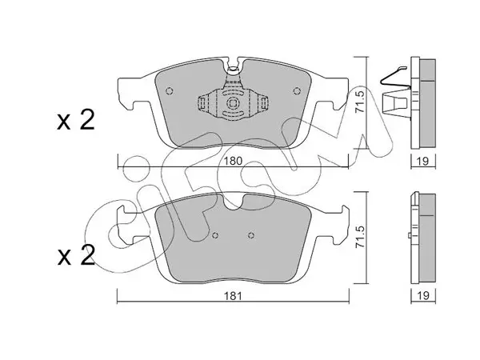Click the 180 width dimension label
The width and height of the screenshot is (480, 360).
(233, 161)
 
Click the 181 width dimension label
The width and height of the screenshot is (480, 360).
(233, 296)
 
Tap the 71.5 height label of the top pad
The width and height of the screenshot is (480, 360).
(361, 102)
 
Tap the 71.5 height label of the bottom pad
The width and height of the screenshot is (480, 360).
(361, 237)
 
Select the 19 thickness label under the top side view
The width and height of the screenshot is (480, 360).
(422, 161)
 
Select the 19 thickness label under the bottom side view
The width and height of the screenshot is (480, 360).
(422, 296)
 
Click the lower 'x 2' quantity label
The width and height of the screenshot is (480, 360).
(76, 256)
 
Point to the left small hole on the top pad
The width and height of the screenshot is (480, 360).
(170, 91)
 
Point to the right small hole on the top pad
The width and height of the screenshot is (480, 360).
(296, 91)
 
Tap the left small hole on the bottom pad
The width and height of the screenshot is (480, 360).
(215, 235)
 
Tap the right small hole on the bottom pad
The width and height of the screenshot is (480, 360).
(251, 235)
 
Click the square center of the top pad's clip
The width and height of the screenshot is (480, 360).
(233, 103)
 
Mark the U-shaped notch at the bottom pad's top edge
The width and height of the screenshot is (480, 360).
(233, 202)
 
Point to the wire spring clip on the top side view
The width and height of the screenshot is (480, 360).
(393, 76)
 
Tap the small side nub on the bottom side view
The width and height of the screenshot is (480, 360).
(410, 235)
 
